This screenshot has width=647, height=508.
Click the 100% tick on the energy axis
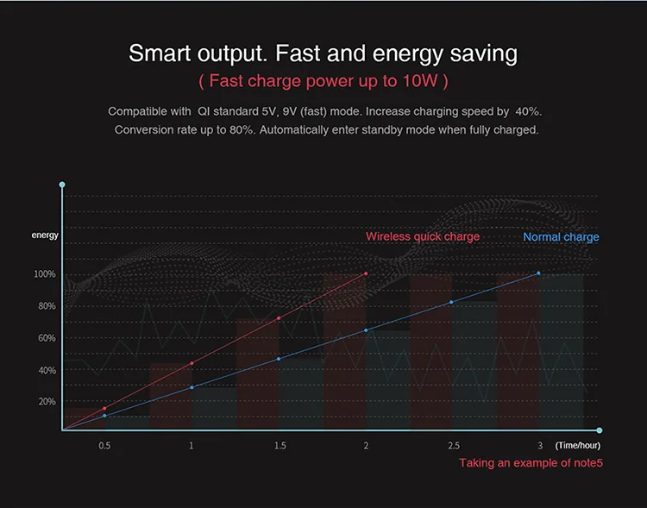tap(45, 274)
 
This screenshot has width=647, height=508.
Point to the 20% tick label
tap(46, 402)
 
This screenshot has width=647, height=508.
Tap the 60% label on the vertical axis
tap(46, 338)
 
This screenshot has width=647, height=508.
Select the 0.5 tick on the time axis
tap(104, 446)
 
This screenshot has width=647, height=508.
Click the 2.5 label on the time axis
tap(453, 446)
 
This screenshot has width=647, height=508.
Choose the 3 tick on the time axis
tap(540, 446)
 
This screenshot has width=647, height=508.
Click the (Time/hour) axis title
tap(578, 446)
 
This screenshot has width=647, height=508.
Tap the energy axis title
tap(45, 235)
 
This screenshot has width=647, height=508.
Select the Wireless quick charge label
tap(423, 236)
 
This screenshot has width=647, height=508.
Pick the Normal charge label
tap(561, 237)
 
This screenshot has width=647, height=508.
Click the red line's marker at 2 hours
tap(366, 274)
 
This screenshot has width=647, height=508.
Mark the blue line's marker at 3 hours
tap(539, 273)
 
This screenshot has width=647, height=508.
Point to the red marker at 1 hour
tap(192, 363)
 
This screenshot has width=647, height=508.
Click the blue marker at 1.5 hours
tap(279, 359)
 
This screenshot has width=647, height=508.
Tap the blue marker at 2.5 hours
tap(452, 302)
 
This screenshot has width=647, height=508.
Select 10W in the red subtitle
tap(419, 81)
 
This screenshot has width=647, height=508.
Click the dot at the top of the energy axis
tap(62, 185)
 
